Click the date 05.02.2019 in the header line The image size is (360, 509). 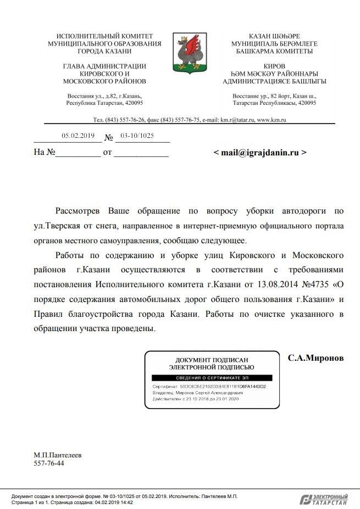pos(78,136)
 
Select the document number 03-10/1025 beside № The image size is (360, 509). pos(137,136)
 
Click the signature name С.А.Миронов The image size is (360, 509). pos(315,357)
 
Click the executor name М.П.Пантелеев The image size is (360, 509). pos(57,455)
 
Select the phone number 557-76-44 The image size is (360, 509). pos(49,463)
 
